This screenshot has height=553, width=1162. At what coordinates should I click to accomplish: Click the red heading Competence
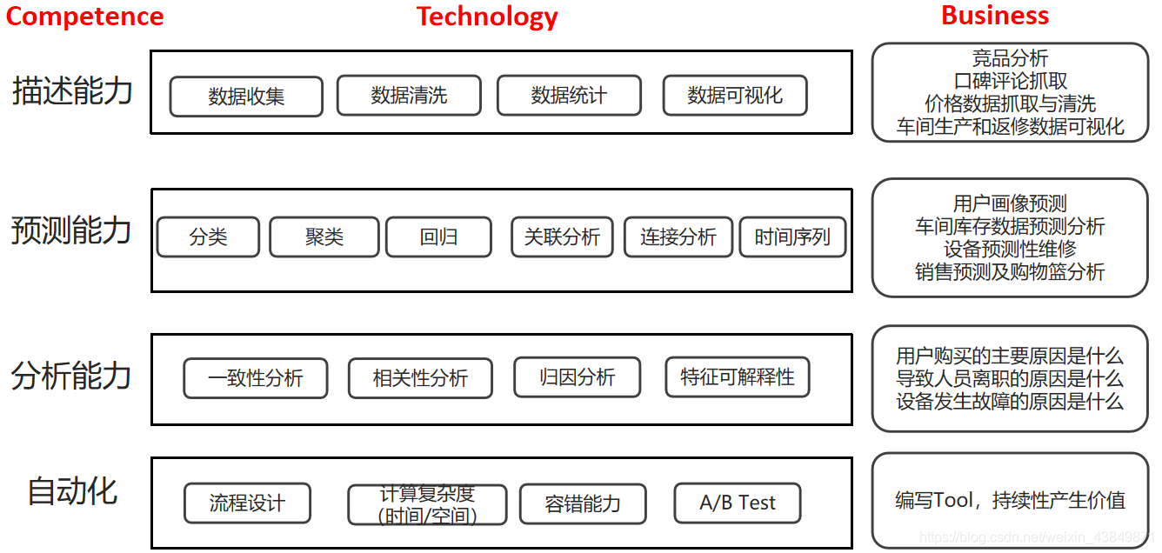pos(84,17)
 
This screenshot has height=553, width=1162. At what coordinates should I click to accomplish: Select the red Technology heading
pos(487,17)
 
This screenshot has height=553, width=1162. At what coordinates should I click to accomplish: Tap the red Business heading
pos(995,16)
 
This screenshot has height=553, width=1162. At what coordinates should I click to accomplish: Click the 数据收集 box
pos(246,97)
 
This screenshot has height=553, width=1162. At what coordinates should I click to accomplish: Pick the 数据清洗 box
pos(409,96)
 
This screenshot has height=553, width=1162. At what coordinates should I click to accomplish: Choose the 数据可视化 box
pos(735,96)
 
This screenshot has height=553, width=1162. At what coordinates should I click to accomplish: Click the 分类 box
pos(208,237)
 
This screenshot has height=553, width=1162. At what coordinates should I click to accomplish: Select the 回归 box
pos(438,237)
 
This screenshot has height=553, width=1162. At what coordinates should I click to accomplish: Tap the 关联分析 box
pos(562,237)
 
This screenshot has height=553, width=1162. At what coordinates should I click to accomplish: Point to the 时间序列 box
pos(792,237)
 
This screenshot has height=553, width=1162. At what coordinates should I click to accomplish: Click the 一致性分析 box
pos(256,378)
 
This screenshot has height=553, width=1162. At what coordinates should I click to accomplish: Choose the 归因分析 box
pos(578,377)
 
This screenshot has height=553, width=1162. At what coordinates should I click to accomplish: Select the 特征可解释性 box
pos(738,377)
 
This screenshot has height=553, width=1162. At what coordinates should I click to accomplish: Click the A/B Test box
pos(738,503)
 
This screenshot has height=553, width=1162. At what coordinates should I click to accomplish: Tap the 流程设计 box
pos(247,503)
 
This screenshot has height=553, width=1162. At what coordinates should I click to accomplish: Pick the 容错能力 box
pos(583,503)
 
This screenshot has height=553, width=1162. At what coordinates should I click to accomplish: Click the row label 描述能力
pos(72,90)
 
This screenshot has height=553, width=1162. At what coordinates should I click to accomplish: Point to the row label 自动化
pos(72,491)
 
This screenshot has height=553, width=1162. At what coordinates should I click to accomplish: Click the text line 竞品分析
pos(1010,59)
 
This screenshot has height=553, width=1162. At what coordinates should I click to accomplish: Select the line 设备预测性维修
pos(1010,250)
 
